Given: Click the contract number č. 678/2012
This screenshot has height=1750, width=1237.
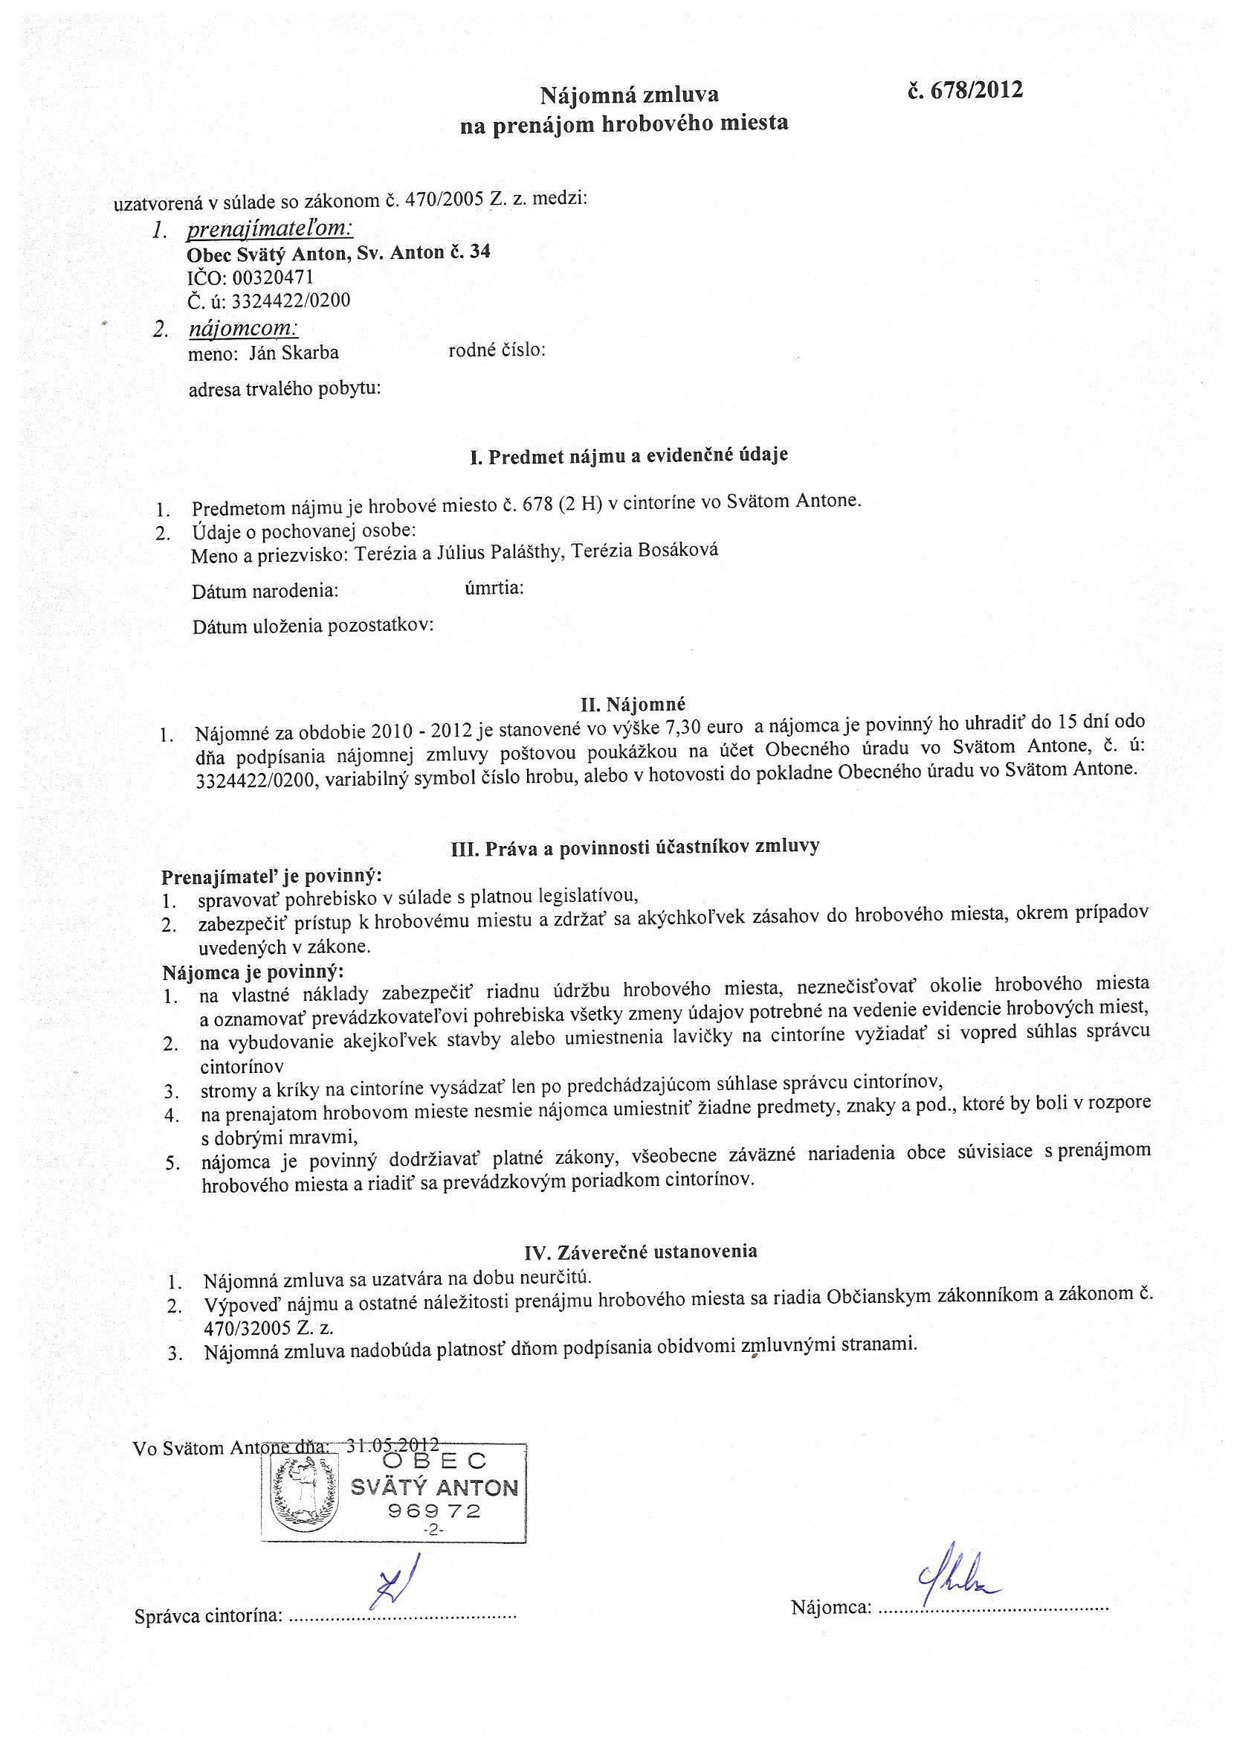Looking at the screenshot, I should [x=964, y=92].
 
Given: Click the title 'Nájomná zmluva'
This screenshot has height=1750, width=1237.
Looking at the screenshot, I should [x=629, y=95].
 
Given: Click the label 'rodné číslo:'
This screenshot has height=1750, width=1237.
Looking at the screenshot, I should [x=497, y=350].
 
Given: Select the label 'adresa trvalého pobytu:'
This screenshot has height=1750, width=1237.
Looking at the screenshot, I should [x=285, y=389].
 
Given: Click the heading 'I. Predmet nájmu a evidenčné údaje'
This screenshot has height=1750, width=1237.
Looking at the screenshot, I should [x=629, y=456].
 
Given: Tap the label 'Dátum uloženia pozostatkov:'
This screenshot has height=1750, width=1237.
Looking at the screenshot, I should [x=313, y=626].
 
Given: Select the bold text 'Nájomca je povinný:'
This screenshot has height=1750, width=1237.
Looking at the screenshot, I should [x=253, y=972].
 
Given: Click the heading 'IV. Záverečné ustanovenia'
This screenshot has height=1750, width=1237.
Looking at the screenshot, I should [x=641, y=1251].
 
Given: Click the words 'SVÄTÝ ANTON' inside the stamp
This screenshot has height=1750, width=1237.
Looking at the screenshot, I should [x=434, y=1488].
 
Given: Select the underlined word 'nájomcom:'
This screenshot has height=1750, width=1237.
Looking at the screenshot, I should [x=243, y=330].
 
